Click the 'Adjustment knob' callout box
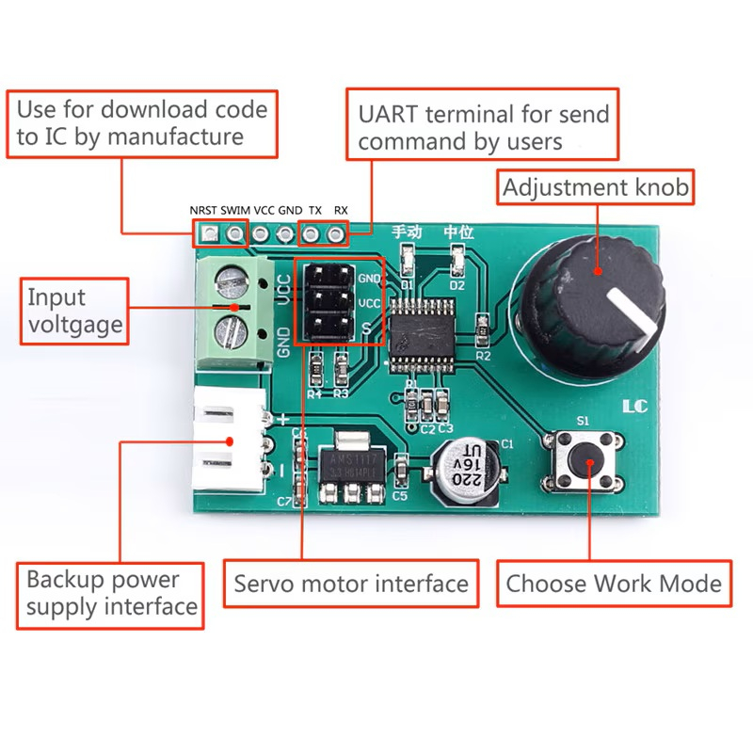[x=595, y=187]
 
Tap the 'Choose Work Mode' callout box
[x=614, y=584]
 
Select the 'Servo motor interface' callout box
[x=350, y=584]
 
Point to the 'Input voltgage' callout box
[x=74, y=311]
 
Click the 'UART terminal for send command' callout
[x=483, y=128]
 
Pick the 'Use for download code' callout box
[x=142, y=122]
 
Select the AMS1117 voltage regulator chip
[x=349, y=462]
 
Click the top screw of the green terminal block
[x=232, y=280]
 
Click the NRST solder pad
[x=203, y=231]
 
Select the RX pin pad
[x=334, y=231]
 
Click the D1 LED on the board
[x=408, y=258]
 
